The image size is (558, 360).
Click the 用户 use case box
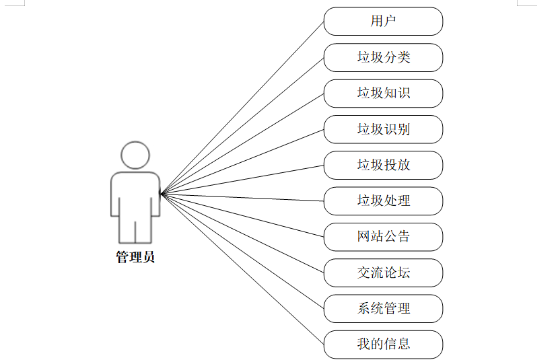[x=383, y=22]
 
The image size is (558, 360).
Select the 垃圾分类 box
[x=383, y=57]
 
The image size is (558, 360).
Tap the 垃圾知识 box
[x=383, y=94]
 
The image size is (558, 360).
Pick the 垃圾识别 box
[x=383, y=129]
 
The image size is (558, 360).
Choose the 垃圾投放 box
[x=383, y=165]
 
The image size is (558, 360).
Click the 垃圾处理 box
[x=383, y=201]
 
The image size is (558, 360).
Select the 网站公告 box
[x=383, y=237]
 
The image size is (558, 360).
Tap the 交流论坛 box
[x=383, y=273]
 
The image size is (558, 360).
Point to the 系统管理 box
[x=383, y=308]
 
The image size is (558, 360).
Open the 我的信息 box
[x=383, y=344]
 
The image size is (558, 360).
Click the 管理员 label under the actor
[x=135, y=257]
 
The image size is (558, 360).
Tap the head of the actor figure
[x=135, y=155]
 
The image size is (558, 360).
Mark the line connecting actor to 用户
[x=242, y=107]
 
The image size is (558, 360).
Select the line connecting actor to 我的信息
[x=242, y=268]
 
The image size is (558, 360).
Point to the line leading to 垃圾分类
[x=242, y=124]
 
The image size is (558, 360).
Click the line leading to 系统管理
[x=242, y=250]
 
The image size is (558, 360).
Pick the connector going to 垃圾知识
[x=242, y=143]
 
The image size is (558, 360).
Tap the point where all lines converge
[x=162, y=194]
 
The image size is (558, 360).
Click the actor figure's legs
[x=135, y=230]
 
